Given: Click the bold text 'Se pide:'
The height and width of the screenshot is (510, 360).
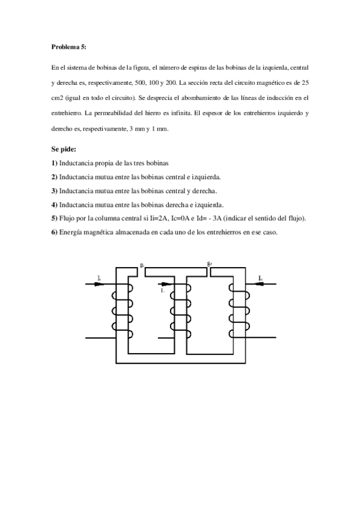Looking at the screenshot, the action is (64, 149).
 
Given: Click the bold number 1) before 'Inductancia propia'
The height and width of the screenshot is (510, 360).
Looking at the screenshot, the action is (54, 163).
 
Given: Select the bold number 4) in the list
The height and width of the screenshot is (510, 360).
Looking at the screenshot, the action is (54, 204).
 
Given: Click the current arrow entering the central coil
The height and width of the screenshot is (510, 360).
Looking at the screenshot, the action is (166, 284).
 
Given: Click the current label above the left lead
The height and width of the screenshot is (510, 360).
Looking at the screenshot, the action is (98, 278).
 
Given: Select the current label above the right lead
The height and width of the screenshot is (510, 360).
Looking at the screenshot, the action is (261, 278).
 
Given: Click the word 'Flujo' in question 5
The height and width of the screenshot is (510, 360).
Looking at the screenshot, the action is (69, 218).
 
